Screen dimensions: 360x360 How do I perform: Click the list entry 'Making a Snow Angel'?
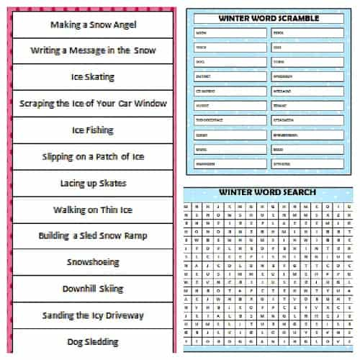93,24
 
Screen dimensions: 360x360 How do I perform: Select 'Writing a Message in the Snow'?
93,50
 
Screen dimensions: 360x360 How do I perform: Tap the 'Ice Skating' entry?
93,77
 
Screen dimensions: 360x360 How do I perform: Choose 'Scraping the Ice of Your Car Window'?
93,103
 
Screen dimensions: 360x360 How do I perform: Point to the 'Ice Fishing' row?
93,130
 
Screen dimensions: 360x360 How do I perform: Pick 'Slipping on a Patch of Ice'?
93,157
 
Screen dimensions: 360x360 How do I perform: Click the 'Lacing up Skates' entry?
93,183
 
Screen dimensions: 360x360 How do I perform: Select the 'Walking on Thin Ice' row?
93,210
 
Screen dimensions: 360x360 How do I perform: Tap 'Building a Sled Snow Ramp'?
93,235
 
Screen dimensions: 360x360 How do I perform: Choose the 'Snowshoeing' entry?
93,262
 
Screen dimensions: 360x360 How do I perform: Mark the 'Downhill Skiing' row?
93,289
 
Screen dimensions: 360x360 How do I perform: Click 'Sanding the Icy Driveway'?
93,315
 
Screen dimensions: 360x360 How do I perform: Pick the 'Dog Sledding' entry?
93,341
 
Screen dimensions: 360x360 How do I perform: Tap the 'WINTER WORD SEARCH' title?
267,192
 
